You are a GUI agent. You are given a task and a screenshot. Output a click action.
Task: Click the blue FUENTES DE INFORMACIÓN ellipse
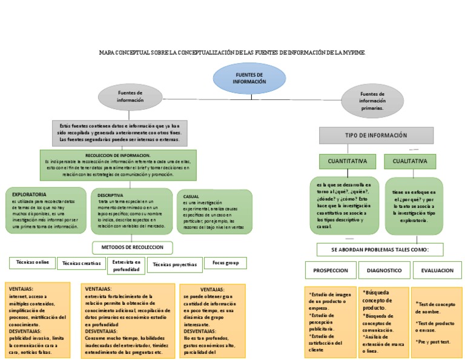pyautogui.click(x=249, y=78)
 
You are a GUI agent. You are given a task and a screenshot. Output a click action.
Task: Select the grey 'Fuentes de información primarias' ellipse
pyautogui.click(x=372, y=101)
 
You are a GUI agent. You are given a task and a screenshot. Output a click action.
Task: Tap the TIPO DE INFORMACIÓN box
pyautogui.click(x=376, y=135)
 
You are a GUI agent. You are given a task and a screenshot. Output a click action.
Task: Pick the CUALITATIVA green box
pyautogui.click(x=410, y=161)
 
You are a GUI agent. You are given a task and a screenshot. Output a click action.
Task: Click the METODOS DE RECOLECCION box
pyautogui.click(x=132, y=247)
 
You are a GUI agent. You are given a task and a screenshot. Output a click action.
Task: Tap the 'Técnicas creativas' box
pyautogui.click(x=81, y=264)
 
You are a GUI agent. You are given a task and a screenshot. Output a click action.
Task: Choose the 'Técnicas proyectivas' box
pyautogui.click(x=174, y=265)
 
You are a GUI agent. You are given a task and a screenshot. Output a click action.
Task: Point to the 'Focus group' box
pyautogui.click(x=225, y=263)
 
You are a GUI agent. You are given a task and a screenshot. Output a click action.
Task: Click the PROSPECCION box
pyautogui.click(x=330, y=270)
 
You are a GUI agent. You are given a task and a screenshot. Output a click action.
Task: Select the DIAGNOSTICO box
pyautogui.click(x=384, y=270)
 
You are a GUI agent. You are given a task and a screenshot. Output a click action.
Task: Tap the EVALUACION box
pyautogui.click(x=437, y=270)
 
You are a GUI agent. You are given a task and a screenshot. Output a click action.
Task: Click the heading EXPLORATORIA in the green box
pyautogui.click(x=28, y=195)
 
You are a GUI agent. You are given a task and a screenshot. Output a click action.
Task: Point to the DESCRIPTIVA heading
pyautogui.click(x=110, y=195)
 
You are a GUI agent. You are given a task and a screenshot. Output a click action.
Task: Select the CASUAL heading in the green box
pyautogui.click(x=191, y=197)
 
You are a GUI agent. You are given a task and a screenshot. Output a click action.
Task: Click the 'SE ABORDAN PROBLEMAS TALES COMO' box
pyautogui.click(x=380, y=250)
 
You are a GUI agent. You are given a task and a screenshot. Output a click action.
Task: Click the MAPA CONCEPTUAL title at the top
pyautogui.click(x=232, y=53)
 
